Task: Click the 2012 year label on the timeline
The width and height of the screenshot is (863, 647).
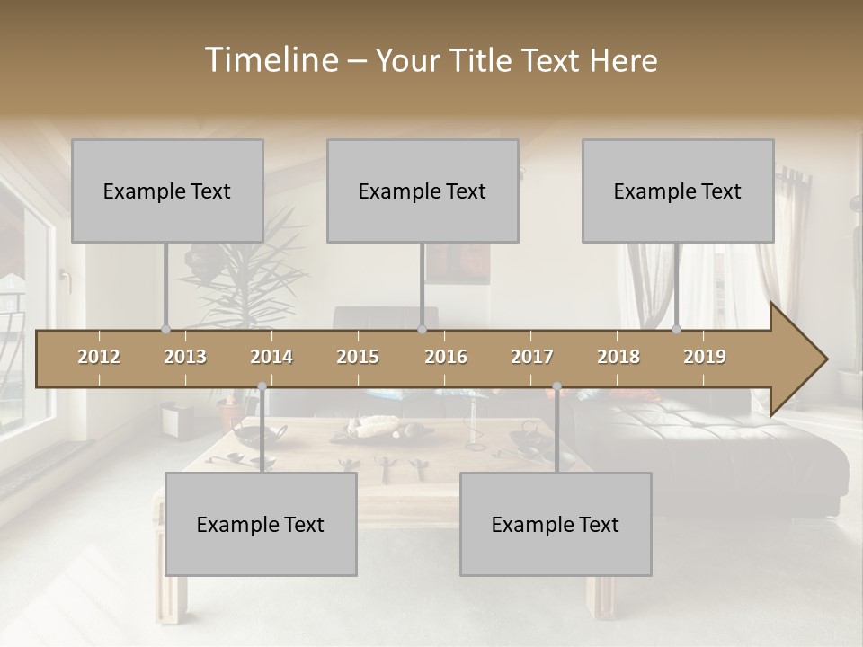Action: [99, 357]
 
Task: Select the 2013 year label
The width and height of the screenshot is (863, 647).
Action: [185, 357]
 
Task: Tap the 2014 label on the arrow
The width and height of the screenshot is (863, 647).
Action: [271, 357]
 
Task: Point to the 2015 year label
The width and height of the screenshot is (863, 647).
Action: [358, 357]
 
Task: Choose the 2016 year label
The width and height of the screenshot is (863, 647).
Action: [446, 357]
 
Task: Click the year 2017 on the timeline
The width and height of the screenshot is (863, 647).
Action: [532, 357]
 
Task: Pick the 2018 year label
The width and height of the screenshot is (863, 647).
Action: [618, 357]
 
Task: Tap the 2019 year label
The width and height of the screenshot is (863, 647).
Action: [705, 357]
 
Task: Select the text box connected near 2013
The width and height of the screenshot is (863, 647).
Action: [167, 191]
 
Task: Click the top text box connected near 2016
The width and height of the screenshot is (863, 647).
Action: [423, 191]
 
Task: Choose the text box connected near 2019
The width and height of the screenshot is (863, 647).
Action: [678, 191]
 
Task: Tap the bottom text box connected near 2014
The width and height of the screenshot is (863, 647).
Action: [261, 524]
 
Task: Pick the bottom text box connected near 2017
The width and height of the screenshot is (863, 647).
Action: [556, 524]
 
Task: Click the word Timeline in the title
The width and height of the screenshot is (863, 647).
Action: [270, 60]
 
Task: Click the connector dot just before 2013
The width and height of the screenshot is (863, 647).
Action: [165, 330]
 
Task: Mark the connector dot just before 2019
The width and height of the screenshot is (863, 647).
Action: [677, 330]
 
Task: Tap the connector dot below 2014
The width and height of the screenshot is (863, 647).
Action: [262, 386]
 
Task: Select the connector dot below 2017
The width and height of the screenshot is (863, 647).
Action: [556, 386]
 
